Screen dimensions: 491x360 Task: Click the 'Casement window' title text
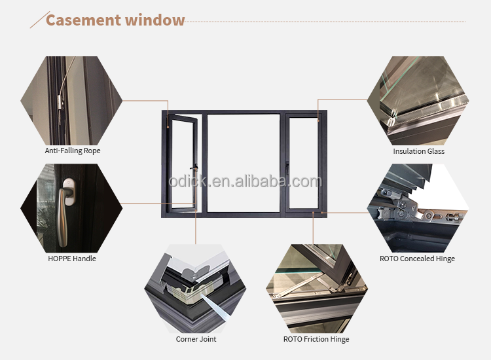tap(115, 20)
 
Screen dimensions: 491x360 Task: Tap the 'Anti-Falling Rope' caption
tap(73, 151)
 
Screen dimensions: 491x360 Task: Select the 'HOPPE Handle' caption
tap(72, 259)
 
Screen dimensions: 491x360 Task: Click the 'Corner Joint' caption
tap(196, 339)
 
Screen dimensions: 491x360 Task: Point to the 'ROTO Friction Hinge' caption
tap(316, 339)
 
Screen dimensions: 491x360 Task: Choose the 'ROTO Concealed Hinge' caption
tap(418, 259)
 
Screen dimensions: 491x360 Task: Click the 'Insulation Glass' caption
tap(419, 151)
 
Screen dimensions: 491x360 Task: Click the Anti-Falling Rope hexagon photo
tap(71, 101)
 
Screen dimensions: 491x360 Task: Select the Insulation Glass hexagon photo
tap(418, 101)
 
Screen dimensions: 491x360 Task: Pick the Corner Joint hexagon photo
tap(195, 289)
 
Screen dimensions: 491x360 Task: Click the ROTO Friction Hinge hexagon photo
tap(317, 289)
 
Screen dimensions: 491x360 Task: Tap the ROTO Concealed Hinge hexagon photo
tap(418, 208)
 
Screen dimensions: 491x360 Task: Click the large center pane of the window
tap(244, 163)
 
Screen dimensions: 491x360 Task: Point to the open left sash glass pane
tap(181, 163)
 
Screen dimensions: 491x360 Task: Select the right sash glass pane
tap(303, 163)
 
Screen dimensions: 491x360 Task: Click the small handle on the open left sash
tap(194, 168)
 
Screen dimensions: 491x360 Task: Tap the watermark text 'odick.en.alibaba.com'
tap(245, 181)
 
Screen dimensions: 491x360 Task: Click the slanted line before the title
tap(40, 20)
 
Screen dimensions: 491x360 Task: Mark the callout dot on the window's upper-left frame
tap(168, 127)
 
